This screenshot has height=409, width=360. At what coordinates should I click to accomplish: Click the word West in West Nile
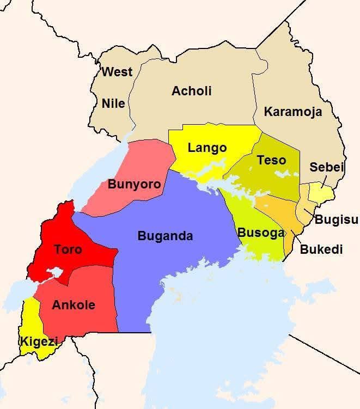117,72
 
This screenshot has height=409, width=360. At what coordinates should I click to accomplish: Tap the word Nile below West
113,103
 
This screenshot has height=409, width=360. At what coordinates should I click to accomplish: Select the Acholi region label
191,91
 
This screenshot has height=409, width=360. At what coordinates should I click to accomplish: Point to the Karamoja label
293,112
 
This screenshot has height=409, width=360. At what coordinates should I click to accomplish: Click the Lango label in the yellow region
207,148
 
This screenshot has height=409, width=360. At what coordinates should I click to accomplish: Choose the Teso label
271,160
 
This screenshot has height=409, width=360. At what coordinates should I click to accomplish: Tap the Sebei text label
327,167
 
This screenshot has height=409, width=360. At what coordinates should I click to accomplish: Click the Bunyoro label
134,184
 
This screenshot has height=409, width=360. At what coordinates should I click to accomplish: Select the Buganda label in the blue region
165,236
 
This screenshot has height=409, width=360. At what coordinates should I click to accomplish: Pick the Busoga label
261,233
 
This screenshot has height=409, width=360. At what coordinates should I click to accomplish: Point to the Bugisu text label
337,220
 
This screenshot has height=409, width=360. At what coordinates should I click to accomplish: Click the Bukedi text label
321,250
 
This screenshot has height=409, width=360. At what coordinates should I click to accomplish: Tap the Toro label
68,249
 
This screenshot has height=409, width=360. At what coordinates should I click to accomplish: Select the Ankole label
73,305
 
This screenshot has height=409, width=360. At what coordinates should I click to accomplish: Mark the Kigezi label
39,342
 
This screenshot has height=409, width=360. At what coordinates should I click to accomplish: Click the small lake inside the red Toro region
55,272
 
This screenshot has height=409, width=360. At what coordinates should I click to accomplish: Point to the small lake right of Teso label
284,174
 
